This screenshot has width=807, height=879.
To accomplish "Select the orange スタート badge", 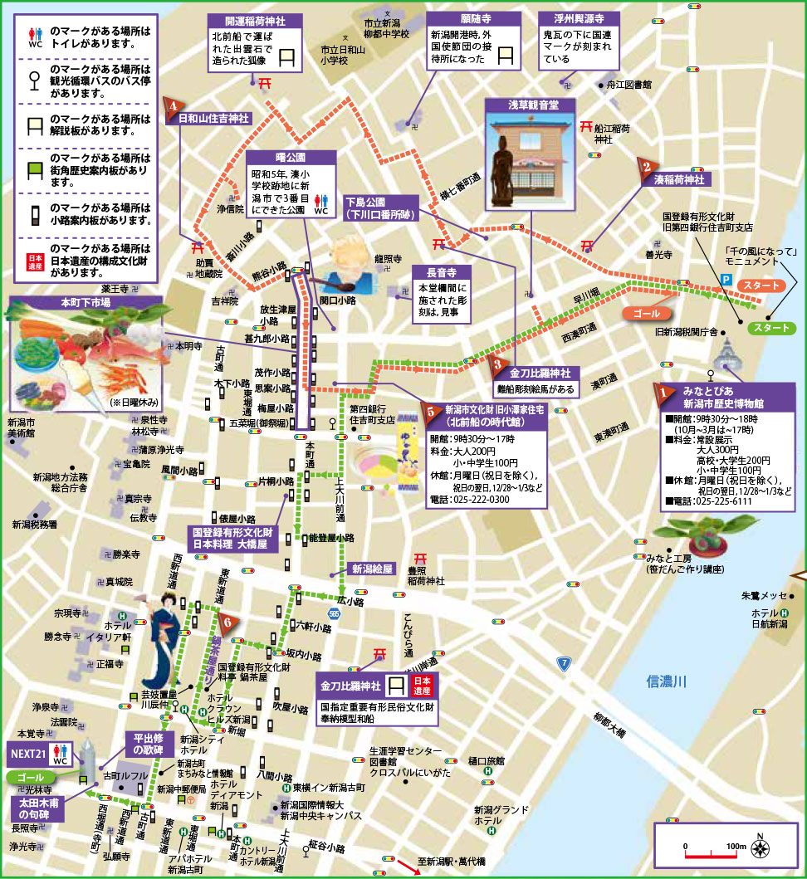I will point(762,286).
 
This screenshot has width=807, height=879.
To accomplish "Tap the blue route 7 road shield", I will point(564,663).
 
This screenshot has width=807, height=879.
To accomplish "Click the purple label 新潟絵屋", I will point(374,569).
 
